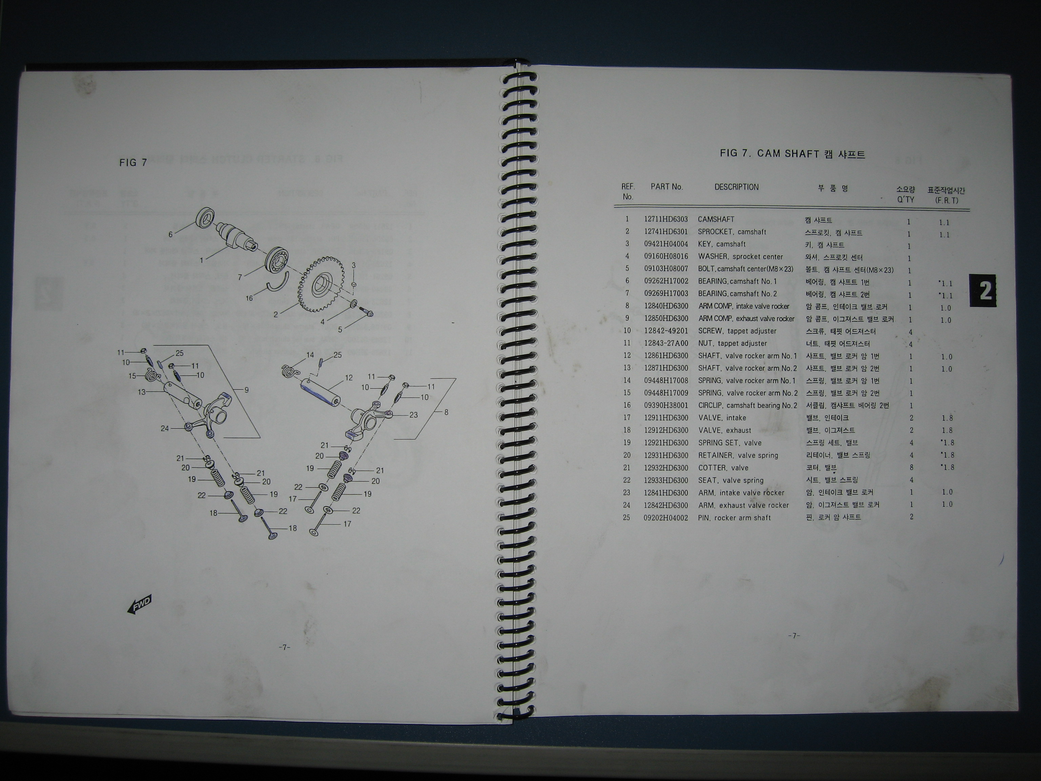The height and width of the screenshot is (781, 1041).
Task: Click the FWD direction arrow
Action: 139,604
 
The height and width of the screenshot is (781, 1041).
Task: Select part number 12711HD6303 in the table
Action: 666,219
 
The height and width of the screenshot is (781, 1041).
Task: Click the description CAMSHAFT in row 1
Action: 716,219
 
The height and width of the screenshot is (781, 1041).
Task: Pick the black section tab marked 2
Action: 983,291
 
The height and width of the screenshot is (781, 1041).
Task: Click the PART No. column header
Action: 667,187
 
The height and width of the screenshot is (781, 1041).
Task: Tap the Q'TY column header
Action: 905,200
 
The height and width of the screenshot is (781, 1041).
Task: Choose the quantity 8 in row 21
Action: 912,467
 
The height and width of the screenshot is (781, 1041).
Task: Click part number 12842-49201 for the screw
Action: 666,331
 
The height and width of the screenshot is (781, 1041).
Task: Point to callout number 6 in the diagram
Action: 171,235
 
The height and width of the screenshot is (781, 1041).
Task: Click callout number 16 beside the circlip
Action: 249,298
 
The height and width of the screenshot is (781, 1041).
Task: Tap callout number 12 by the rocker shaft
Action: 349,378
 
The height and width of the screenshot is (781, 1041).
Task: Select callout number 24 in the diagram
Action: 165,428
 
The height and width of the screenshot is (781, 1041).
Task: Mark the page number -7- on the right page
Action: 794,636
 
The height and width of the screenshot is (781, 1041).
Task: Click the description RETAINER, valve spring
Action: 738,456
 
